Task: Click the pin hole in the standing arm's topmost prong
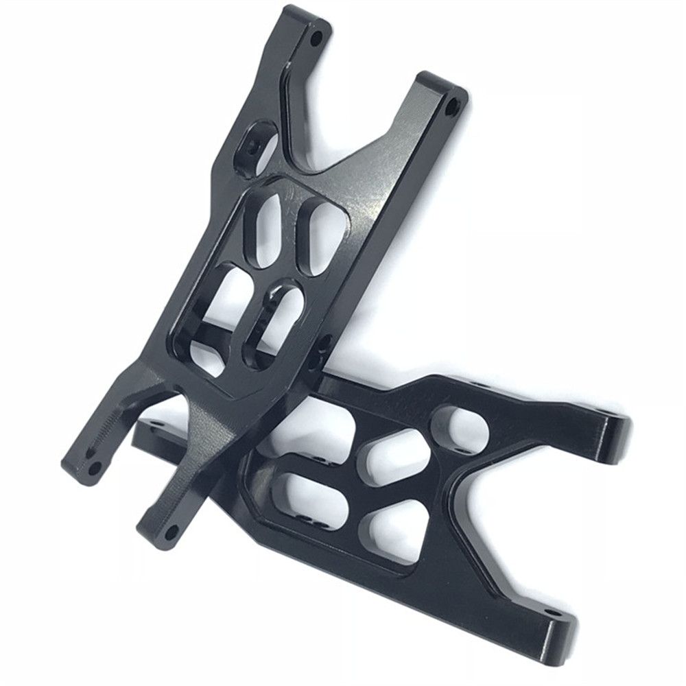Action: [316, 38]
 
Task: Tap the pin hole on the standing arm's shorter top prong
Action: [453, 107]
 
